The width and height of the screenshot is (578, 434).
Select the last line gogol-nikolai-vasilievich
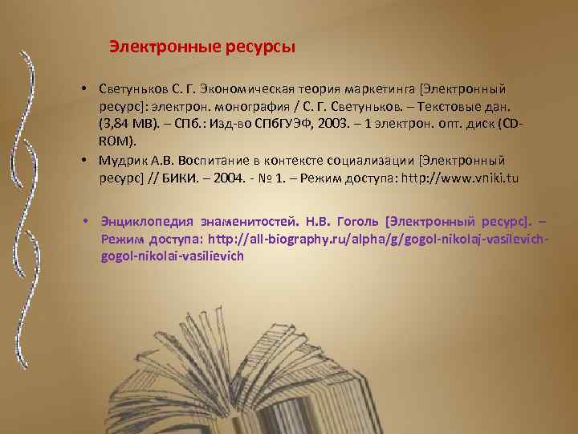point(172,256)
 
